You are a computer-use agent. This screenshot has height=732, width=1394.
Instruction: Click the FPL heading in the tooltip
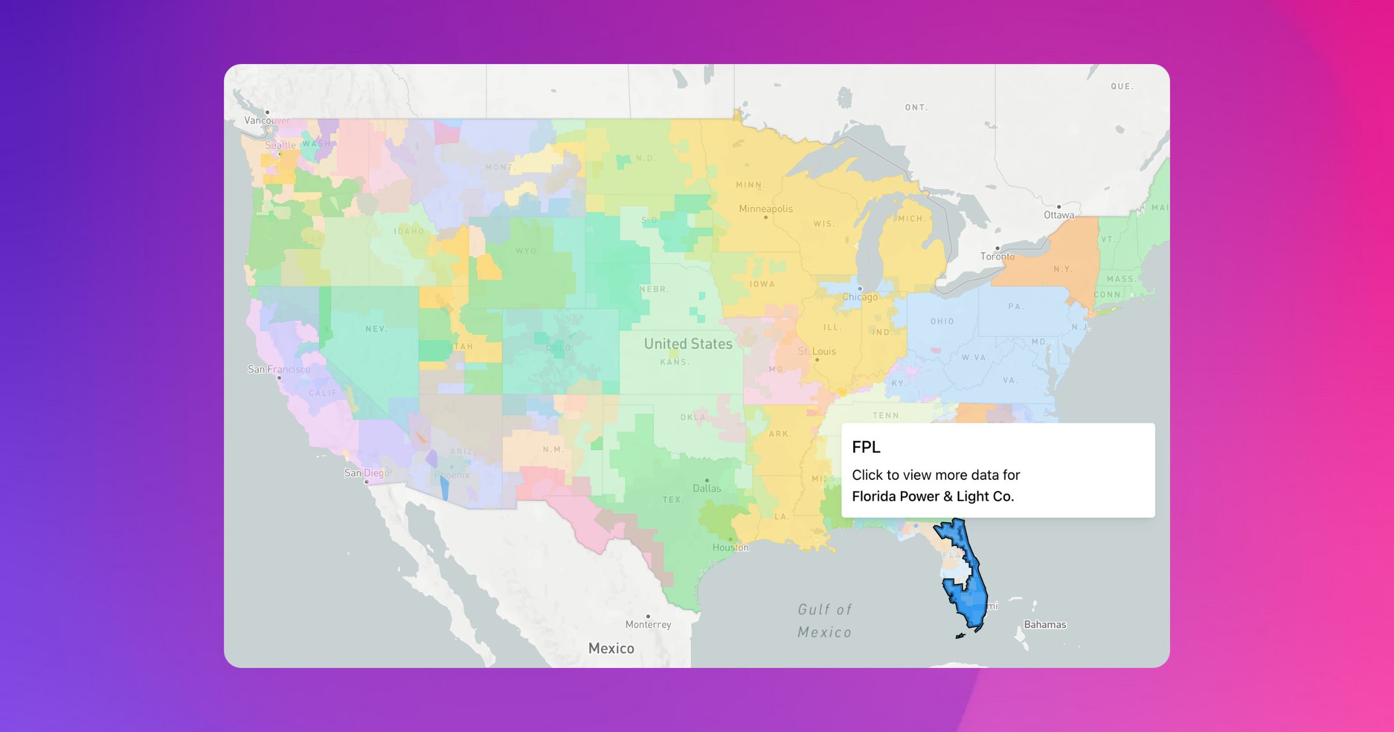(866, 447)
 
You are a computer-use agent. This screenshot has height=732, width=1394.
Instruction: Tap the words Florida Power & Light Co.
(933, 496)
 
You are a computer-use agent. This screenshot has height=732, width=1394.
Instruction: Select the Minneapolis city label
(766, 209)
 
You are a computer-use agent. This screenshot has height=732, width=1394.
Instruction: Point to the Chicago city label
(860, 297)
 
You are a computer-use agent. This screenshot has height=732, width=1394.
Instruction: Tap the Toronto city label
(997, 256)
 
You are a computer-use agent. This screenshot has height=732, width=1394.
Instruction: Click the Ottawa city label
(1058, 215)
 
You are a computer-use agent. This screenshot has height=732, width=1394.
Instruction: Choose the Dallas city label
(706, 488)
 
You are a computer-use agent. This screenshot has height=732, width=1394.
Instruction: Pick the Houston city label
(730, 547)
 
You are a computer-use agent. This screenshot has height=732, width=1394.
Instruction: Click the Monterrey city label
(648, 625)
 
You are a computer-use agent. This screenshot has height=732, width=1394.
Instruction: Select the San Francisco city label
(279, 369)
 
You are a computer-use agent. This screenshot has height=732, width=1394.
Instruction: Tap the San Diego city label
(367, 473)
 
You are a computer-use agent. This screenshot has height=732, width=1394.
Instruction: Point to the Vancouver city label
(267, 120)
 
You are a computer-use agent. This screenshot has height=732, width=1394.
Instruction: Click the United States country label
(688, 344)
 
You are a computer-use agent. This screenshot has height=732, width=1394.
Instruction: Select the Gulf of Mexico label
(824, 620)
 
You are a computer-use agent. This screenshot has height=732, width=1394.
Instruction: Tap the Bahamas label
(1044, 625)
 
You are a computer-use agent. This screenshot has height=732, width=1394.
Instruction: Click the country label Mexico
(611, 648)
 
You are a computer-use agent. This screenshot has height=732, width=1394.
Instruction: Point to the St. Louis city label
(817, 351)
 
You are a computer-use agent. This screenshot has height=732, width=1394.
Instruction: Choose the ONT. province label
(916, 107)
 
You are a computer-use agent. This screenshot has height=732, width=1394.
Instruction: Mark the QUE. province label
(1122, 87)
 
